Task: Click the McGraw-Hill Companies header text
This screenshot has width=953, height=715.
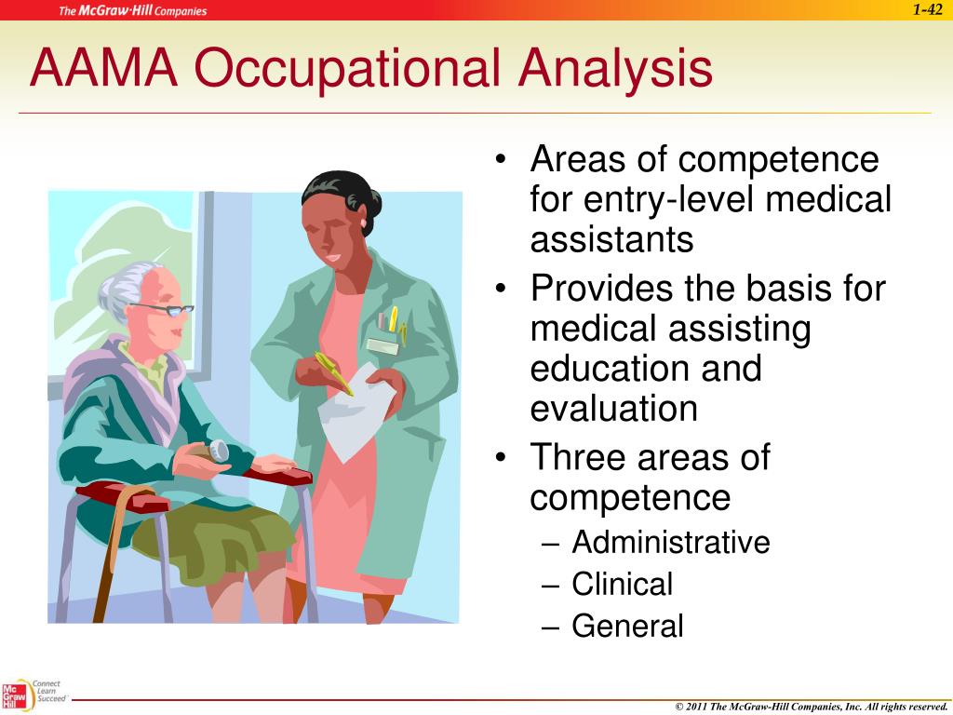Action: tap(133, 11)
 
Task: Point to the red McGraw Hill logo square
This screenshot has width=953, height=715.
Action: tap(14, 696)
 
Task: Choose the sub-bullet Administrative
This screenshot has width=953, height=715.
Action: tap(670, 542)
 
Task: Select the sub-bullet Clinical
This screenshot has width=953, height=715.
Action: tap(622, 584)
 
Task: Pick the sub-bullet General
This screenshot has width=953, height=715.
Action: tap(627, 626)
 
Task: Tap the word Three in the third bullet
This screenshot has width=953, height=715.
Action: tap(579, 457)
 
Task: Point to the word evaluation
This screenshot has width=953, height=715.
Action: tap(613, 408)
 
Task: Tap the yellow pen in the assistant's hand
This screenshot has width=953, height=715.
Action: tap(333, 372)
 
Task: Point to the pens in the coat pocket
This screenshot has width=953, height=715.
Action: tap(392, 322)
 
